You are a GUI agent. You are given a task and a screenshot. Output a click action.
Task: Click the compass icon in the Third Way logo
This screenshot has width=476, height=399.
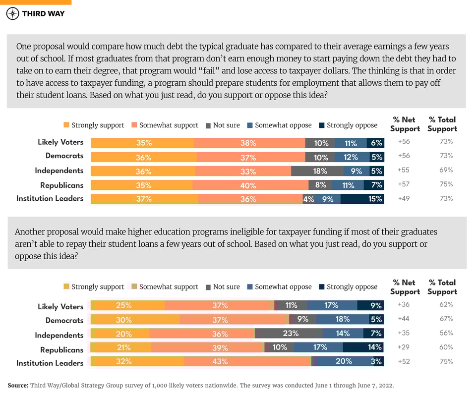[x=13, y=13]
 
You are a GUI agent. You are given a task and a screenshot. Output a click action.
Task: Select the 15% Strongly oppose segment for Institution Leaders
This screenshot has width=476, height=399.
[x=362, y=199]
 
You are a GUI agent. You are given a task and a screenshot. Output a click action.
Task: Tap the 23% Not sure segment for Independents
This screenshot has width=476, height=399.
[x=289, y=334]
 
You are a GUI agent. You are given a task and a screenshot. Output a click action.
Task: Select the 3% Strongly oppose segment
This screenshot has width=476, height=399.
[x=377, y=362]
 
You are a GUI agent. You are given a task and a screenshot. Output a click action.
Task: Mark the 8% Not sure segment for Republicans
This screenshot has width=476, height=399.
[x=320, y=185]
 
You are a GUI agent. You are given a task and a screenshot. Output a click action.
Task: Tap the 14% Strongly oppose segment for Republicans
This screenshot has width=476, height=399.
[x=363, y=347]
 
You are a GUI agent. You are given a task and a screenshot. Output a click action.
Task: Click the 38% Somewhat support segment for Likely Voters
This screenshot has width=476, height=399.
[x=249, y=143]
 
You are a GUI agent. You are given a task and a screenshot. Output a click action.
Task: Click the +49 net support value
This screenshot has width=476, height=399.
[x=405, y=199]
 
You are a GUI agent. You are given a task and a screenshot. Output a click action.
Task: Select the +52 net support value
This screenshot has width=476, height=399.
[x=405, y=361]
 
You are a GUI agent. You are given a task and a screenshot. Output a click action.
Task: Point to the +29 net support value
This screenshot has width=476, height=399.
[x=405, y=347]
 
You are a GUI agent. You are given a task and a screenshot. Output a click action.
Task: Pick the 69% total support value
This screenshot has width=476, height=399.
[x=446, y=170]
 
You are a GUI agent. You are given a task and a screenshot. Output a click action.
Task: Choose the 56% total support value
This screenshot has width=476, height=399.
[x=446, y=333]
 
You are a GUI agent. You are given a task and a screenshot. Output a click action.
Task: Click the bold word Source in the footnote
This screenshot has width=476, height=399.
[x=18, y=385]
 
